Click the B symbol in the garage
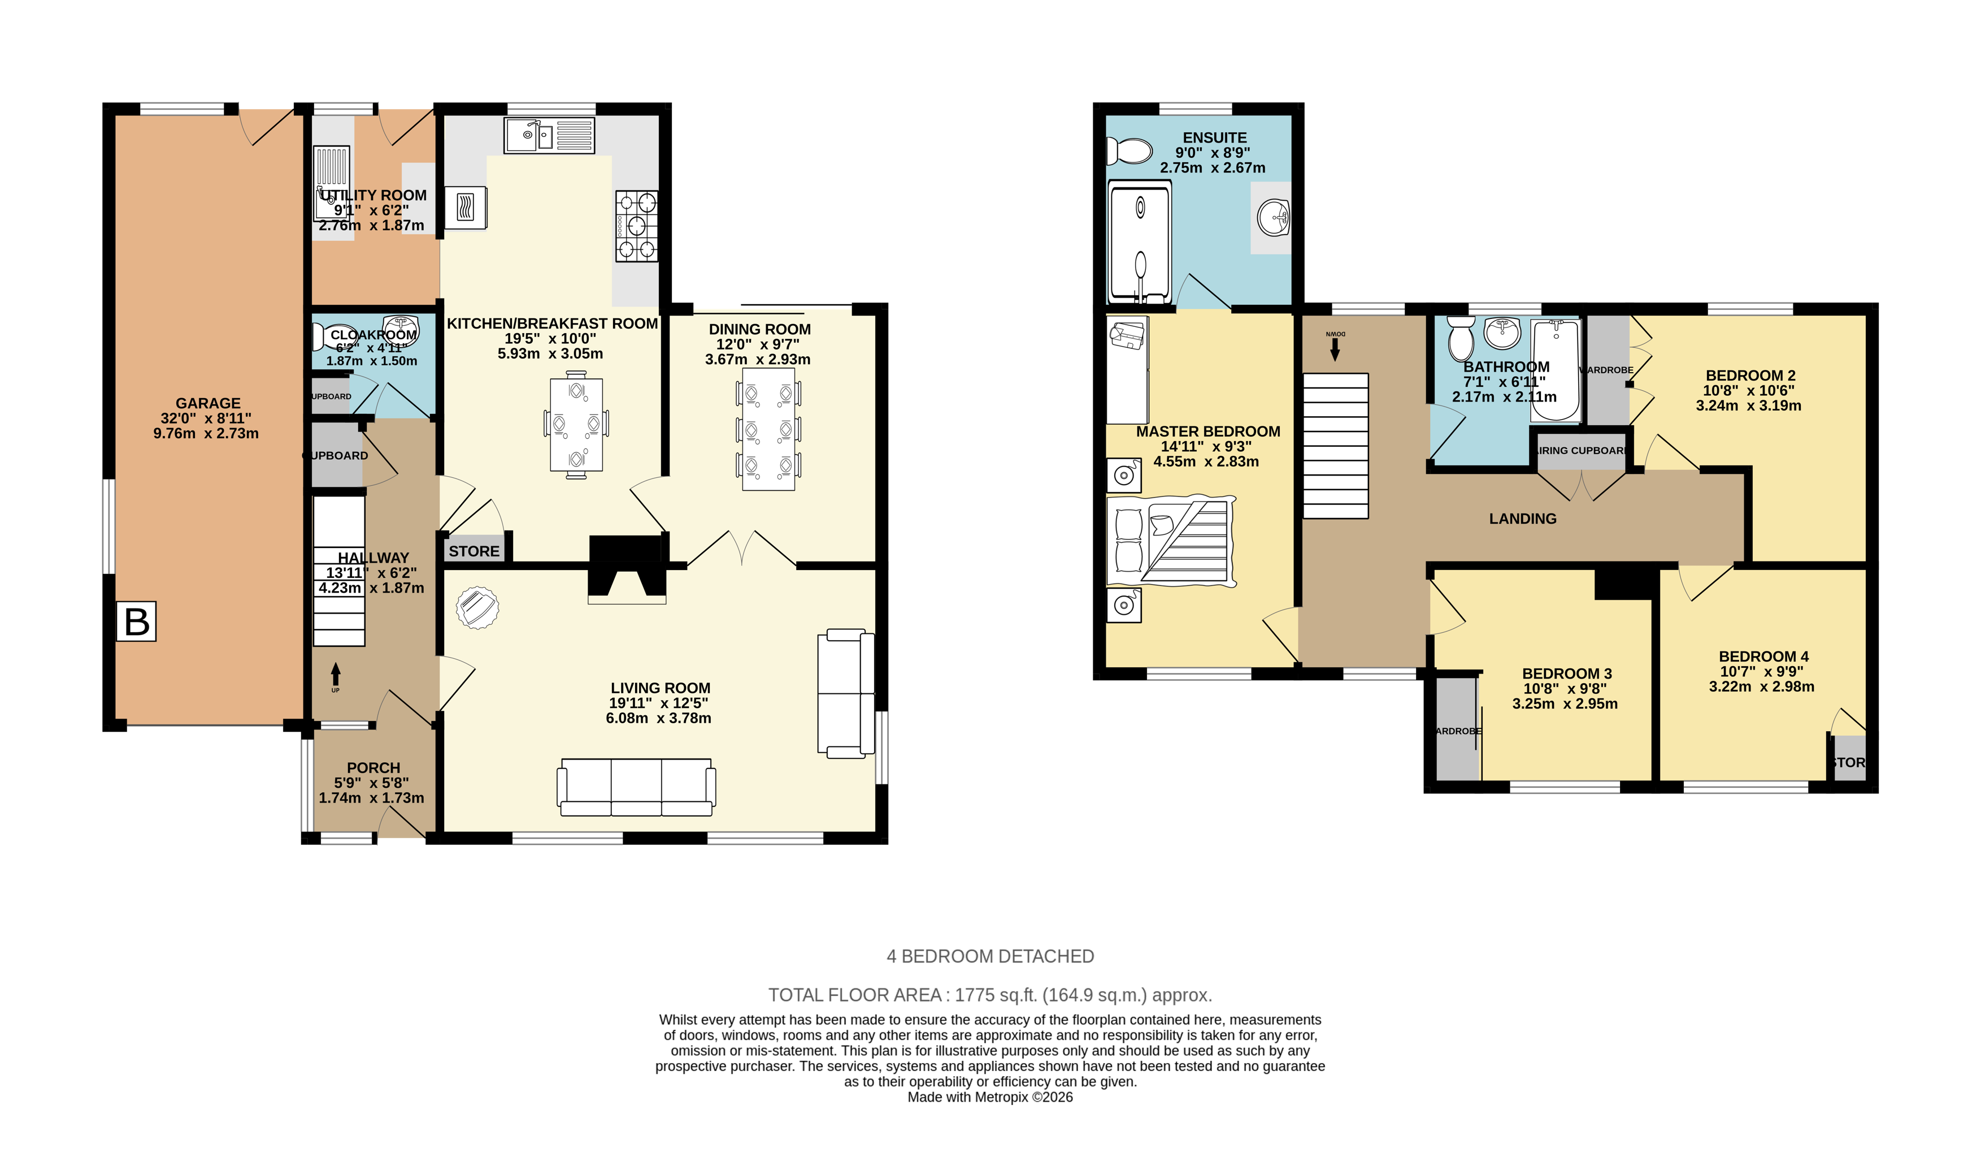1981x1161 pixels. [x=136, y=621]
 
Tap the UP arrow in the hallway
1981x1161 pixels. [x=336, y=675]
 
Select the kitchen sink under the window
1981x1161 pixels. [x=549, y=135]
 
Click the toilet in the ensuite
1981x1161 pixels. [x=1129, y=150]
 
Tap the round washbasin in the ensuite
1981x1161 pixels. [x=1272, y=217]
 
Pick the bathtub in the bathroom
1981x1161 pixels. [x=1555, y=370]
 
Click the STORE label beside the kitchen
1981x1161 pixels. [x=474, y=551]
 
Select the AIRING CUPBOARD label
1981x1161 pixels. [x=1581, y=451]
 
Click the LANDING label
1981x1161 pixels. [x=1523, y=519]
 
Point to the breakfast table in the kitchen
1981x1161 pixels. [x=576, y=425]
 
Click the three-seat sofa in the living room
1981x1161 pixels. [x=636, y=787]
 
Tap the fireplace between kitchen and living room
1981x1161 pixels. [x=627, y=568]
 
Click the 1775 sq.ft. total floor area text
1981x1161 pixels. [x=990, y=995]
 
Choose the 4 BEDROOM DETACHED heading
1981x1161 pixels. [x=990, y=956]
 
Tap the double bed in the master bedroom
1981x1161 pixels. [x=1170, y=541]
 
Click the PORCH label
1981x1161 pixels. [x=373, y=768]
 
